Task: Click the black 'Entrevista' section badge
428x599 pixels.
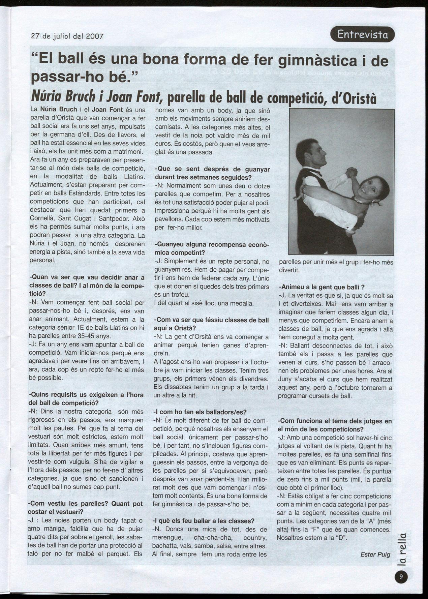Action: pyautogui.click(x=362, y=34)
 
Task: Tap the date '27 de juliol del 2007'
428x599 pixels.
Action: pyautogui.click(x=67, y=36)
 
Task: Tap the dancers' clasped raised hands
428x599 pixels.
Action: pyautogui.click(x=351, y=172)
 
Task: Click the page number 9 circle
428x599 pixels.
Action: pyautogui.click(x=401, y=576)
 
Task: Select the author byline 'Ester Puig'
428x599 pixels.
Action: pyautogui.click(x=375, y=554)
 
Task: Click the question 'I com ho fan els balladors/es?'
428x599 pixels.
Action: pyautogui.click(x=200, y=412)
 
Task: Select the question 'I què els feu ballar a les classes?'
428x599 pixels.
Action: pyautogui.click(x=203, y=521)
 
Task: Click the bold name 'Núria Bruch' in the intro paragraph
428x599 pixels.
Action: pyautogui.click(x=59, y=110)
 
